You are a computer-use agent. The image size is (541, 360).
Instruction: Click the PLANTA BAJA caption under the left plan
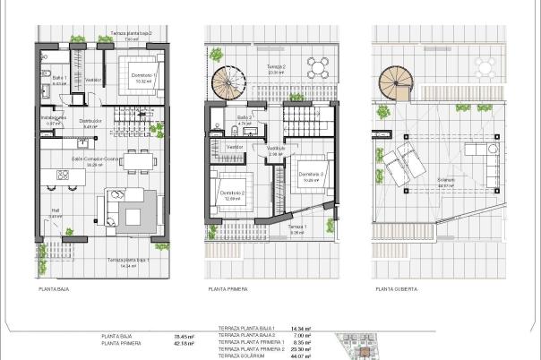coord(54,290)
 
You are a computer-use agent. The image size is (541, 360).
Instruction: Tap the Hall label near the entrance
coord(55,214)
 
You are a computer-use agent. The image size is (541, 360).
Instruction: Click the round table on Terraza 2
coord(315,64)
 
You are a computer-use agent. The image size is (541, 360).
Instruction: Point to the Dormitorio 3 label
coord(310,174)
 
